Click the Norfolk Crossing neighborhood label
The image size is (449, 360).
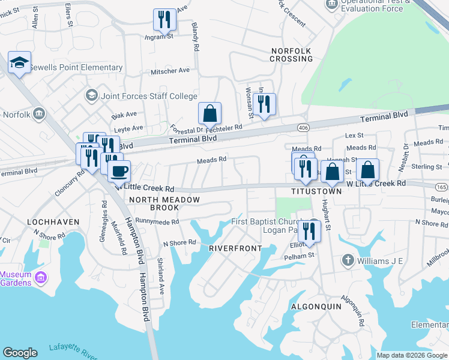[x=291, y=55]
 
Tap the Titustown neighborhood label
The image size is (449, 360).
[x=316, y=191]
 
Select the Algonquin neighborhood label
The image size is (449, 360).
[x=316, y=306]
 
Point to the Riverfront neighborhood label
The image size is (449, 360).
[x=235, y=248]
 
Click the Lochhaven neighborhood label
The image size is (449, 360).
[x=53, y=222]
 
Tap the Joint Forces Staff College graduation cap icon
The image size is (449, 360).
[x=91, y=95]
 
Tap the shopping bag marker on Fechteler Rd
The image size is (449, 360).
[x=210, y=113]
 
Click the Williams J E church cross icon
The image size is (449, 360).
[x=347, y=260]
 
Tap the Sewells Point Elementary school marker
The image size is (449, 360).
[x=19, y=62]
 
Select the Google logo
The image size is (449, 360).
[x=20, y=353]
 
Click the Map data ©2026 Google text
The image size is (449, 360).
[x=412, y=355]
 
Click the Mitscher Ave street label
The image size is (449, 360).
[x=170, y=70]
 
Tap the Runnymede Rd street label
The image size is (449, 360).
[x=157, y=221]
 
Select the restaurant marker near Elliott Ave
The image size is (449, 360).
[x=309, y=230]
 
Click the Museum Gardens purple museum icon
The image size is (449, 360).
[x=41, y=278]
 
